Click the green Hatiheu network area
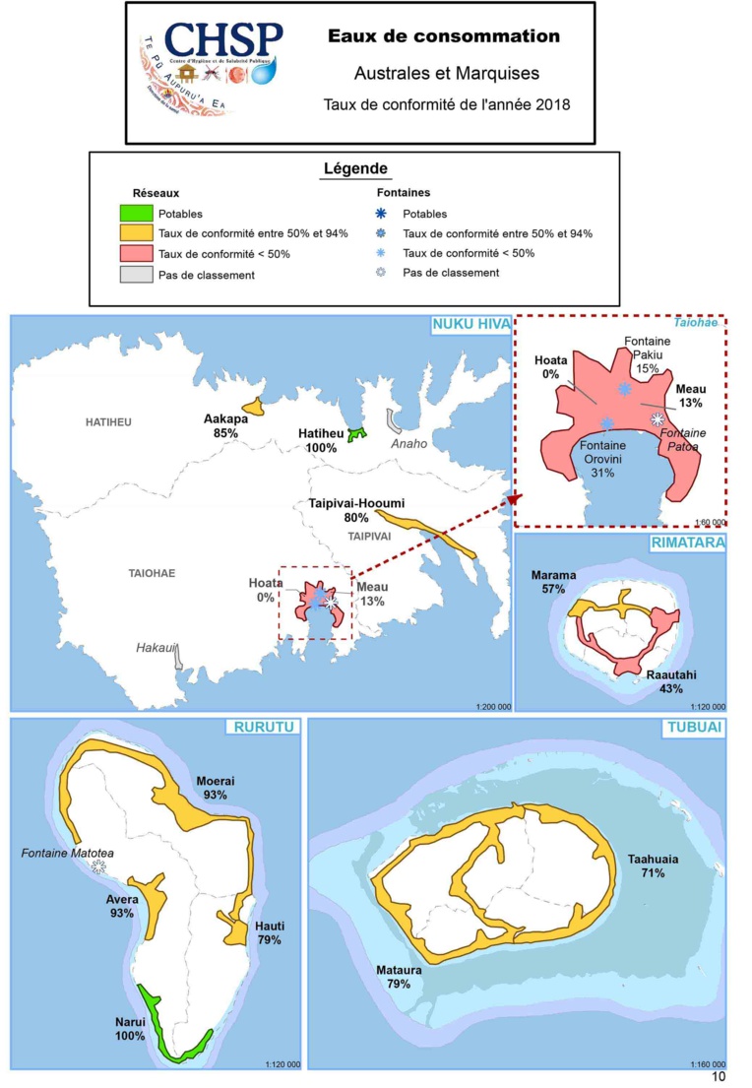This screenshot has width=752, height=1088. pyautogui.click(x=356, y=433)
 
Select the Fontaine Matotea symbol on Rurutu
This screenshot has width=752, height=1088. pyautogui.click(x=97, y=866)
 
